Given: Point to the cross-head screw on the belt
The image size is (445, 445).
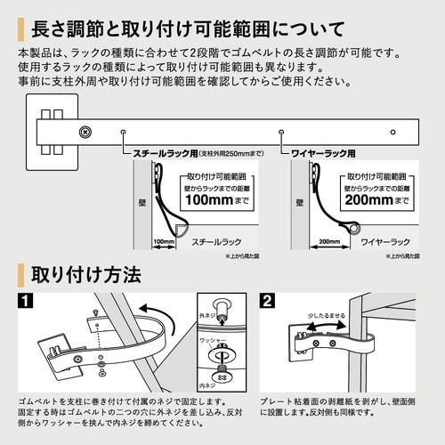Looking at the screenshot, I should click(x=85, y=133).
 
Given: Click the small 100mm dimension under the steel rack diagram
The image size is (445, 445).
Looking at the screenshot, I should click(x=163, y=241).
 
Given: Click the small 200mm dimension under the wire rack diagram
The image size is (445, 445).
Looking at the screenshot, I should click(x=328, y=241).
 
